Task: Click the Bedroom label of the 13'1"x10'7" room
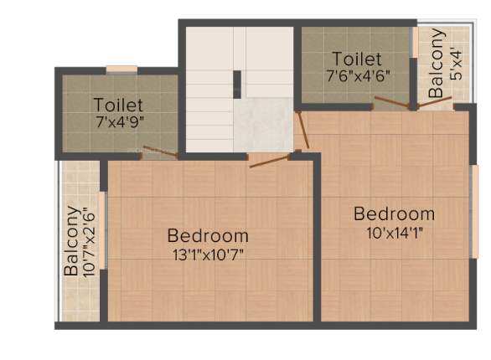tap(208, 235)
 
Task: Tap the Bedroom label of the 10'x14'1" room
tap(394, 213)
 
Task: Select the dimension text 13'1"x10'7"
tap(208, 253)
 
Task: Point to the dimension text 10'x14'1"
tap(394, 232)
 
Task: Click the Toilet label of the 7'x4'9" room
tap(118, 105)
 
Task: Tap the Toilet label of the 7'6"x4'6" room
tap(357, 59)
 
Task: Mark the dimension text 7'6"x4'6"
tap(357, 75)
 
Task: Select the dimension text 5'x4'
tap(456, 64)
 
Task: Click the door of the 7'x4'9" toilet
tap(159, 152)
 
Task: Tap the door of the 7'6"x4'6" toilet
tap(391, 103)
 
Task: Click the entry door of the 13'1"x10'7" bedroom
tap(270, 159)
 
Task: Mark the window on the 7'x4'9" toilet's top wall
tap(121, 69)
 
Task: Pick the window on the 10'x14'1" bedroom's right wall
tap(474, 200)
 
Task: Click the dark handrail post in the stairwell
tap(236, 85)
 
